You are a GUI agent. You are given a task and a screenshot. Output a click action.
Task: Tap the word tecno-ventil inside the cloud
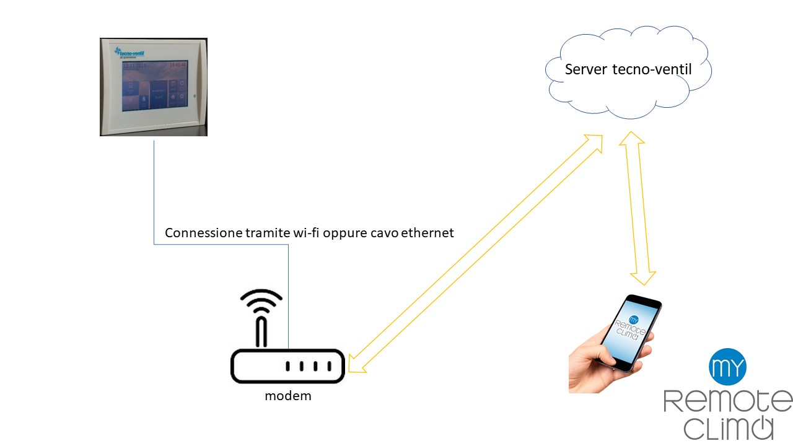pos(652,69)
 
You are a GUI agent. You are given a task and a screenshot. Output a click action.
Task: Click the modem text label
pos(287,396)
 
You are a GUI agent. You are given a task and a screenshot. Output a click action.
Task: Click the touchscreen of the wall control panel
pos(153,85)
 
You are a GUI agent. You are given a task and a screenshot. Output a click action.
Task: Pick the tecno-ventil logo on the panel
pos(128,51)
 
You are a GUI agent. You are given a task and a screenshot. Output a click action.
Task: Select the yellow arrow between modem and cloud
pos(475,253)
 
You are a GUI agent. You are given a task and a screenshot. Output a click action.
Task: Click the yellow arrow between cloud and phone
pos(637,208)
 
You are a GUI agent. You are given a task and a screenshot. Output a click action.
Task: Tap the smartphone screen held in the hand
pos(629,331)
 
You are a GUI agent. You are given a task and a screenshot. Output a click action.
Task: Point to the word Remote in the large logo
pos(727,401)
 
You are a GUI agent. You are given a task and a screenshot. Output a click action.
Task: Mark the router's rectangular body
pos(287,366)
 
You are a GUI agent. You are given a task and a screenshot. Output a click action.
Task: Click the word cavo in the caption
pos(385,233)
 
